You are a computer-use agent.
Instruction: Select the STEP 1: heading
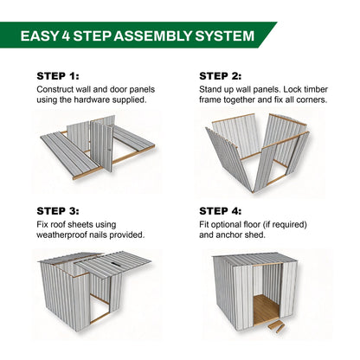tap(58, 76)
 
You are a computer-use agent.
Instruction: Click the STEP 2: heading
tap(221, 76)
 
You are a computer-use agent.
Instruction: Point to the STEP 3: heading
tap(58, 211)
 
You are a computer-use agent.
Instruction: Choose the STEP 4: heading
tap(221, 211)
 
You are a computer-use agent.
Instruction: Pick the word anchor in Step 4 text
tap(229, 235)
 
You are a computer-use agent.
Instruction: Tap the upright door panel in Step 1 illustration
tap(101, 145)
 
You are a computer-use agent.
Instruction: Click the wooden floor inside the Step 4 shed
tap(265, 309)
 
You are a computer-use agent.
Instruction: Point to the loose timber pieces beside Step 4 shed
tap(276, 327)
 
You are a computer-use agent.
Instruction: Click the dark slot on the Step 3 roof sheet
tap(115, 264)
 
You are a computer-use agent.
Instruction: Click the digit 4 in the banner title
tap(66, 36)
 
